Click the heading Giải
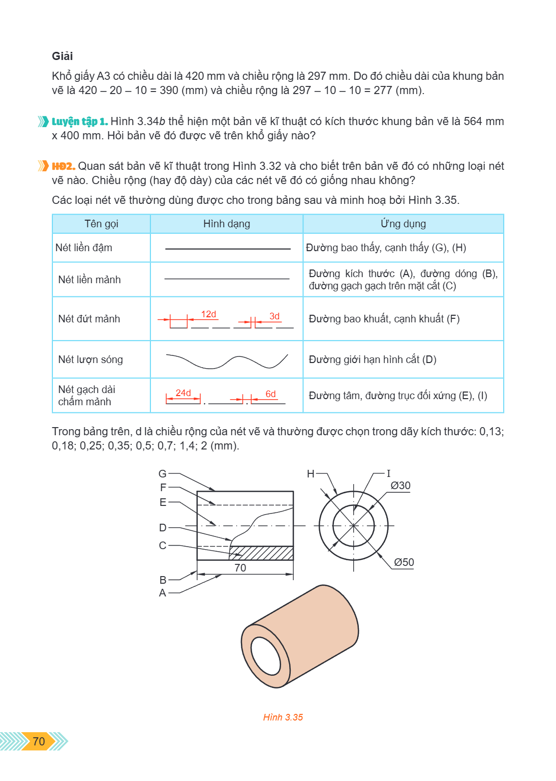(63, 56)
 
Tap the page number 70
(39, 741)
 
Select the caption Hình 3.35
(283, 717)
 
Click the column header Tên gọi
(101, 224)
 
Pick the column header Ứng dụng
(404, 223)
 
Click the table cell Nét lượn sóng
(90, 359)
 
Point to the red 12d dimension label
(208, 314)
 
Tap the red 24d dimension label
(183, 393)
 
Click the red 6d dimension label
(270, 394)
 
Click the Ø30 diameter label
(400, 486)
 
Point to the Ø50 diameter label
(404, 562)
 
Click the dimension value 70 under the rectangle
(240, 567)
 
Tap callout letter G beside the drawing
(163, 473)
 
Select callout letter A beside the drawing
(163, 593)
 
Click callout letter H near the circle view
(311, 473)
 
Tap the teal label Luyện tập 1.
(80, 122)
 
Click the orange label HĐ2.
(64, 166)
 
